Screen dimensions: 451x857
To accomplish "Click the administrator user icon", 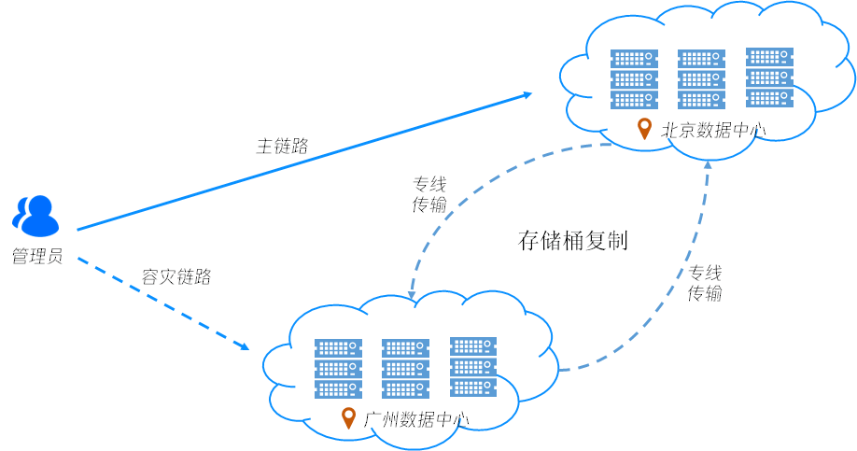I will [35, 215].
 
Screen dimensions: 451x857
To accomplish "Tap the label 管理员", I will [36, 256].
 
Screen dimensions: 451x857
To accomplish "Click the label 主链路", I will [282, 147].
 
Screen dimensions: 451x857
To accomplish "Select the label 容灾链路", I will [176, 276].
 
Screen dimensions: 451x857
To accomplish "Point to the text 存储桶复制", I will [572, 241].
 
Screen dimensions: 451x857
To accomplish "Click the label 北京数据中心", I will [713, 131].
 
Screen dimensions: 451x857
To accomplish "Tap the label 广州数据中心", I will [416, 419].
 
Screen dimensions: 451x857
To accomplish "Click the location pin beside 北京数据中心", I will [644, 129].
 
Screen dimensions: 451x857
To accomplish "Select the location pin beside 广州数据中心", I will [349, 417].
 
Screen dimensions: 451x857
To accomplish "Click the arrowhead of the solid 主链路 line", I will [527, 94].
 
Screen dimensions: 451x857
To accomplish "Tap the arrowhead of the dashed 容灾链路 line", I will [244, 346].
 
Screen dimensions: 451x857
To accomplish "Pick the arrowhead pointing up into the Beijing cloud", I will [708, 164].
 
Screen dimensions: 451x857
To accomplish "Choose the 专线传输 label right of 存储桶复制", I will [705, 283].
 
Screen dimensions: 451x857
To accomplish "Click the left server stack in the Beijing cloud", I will [634, 78].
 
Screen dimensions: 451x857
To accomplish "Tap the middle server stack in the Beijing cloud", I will [702, 78].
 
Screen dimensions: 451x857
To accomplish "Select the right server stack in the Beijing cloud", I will [770, 78].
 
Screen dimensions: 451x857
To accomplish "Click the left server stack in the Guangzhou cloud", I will [338, 367].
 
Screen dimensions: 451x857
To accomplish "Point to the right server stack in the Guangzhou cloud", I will [473, 366].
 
